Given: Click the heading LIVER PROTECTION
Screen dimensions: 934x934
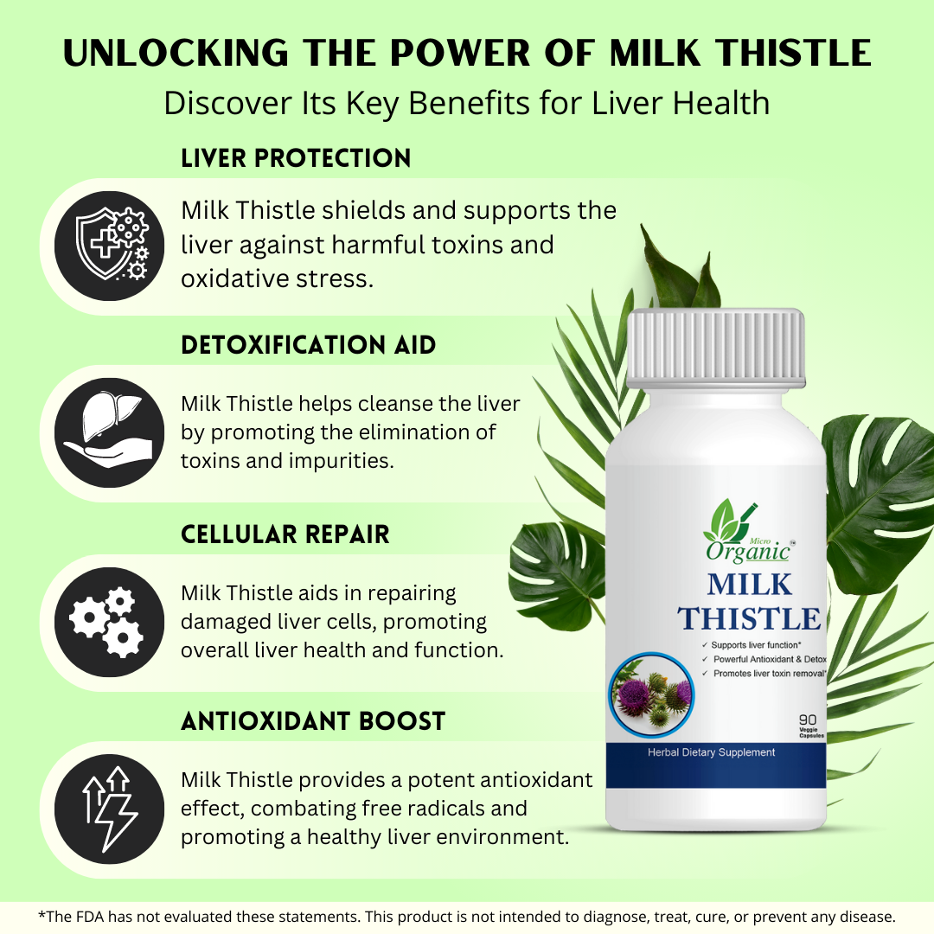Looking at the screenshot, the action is click(x=296, y=158).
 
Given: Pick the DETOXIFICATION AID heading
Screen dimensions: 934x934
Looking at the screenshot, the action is click(x=309, y=345).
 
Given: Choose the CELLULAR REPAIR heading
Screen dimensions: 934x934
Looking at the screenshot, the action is click(x=285, y=534).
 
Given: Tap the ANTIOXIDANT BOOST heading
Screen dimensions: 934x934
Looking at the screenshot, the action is click(x=313, y=721).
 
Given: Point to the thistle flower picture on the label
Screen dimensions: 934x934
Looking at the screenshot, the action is click(x=652, y=694).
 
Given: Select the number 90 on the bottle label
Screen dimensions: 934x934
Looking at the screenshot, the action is click(x=808, y=720).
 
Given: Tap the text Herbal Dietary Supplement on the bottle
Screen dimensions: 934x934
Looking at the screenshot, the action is click(x=711, y=752).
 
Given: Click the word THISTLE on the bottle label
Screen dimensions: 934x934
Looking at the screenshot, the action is click(x=749, y=619).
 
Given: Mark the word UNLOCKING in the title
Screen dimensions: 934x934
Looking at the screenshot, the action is click(x=176, y=53).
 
